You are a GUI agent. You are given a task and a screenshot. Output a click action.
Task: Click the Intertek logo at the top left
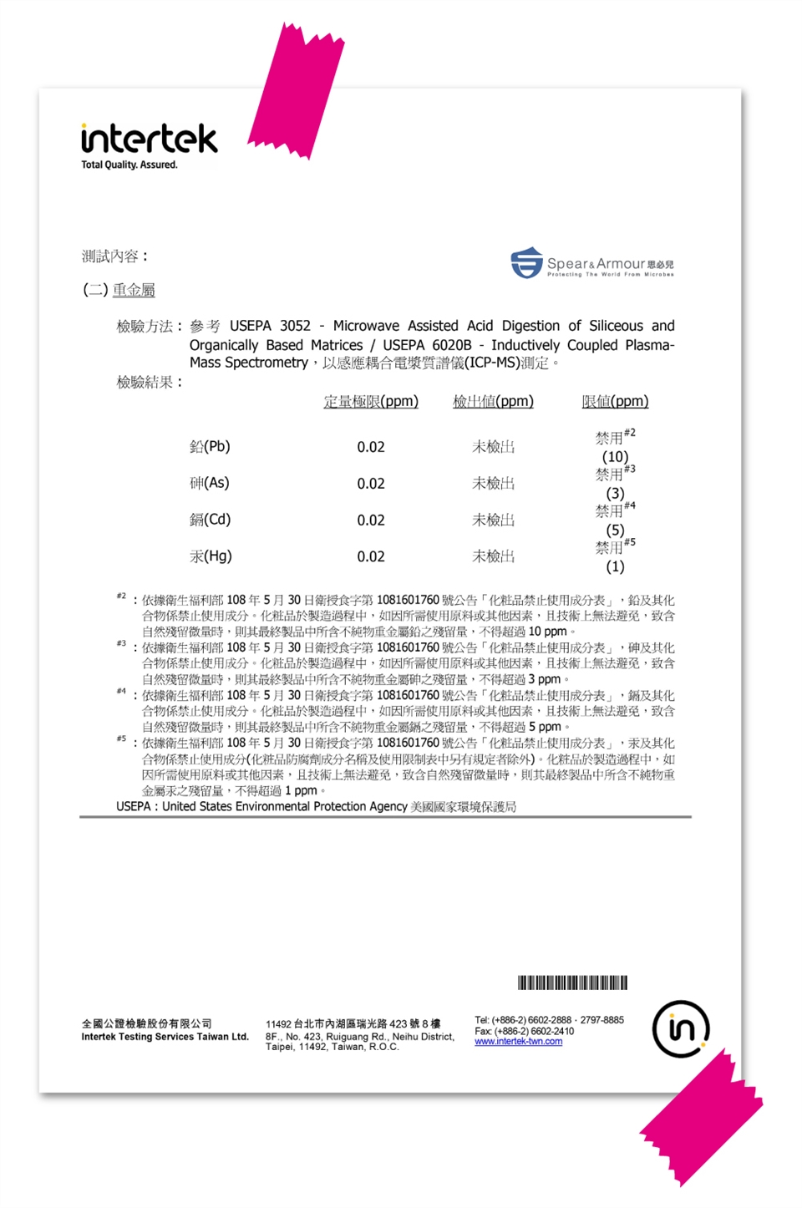149,139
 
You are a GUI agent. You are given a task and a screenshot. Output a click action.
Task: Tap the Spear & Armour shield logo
526,262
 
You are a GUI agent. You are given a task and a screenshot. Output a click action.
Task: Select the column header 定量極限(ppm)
371,401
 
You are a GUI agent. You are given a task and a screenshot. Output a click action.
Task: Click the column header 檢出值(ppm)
493,401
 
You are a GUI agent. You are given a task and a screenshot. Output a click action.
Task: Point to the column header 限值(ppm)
615,401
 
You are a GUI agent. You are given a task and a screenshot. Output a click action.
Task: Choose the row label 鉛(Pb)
210,446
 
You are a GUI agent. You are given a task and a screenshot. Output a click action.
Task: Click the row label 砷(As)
209,483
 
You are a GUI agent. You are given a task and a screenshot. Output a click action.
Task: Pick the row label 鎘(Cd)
210,520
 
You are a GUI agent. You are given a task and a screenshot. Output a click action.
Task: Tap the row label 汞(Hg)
211,556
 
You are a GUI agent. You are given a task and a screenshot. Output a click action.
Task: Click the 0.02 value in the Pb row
371,447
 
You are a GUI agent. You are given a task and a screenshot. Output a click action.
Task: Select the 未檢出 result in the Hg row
493,556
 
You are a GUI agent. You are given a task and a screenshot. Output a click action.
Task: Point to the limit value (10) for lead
615,456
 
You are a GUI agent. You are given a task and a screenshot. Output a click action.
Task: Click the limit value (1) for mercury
615,566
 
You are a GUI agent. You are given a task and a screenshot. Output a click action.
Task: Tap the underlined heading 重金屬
134,290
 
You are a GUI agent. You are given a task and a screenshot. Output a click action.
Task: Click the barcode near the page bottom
572,982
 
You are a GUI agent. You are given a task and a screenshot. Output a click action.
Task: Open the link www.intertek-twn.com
518,1042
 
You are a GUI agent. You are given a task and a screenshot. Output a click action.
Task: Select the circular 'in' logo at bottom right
681,1028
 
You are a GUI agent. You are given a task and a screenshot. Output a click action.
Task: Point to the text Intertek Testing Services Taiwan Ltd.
165,1037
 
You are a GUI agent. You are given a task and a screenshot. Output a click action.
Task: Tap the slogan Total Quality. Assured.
129,165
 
